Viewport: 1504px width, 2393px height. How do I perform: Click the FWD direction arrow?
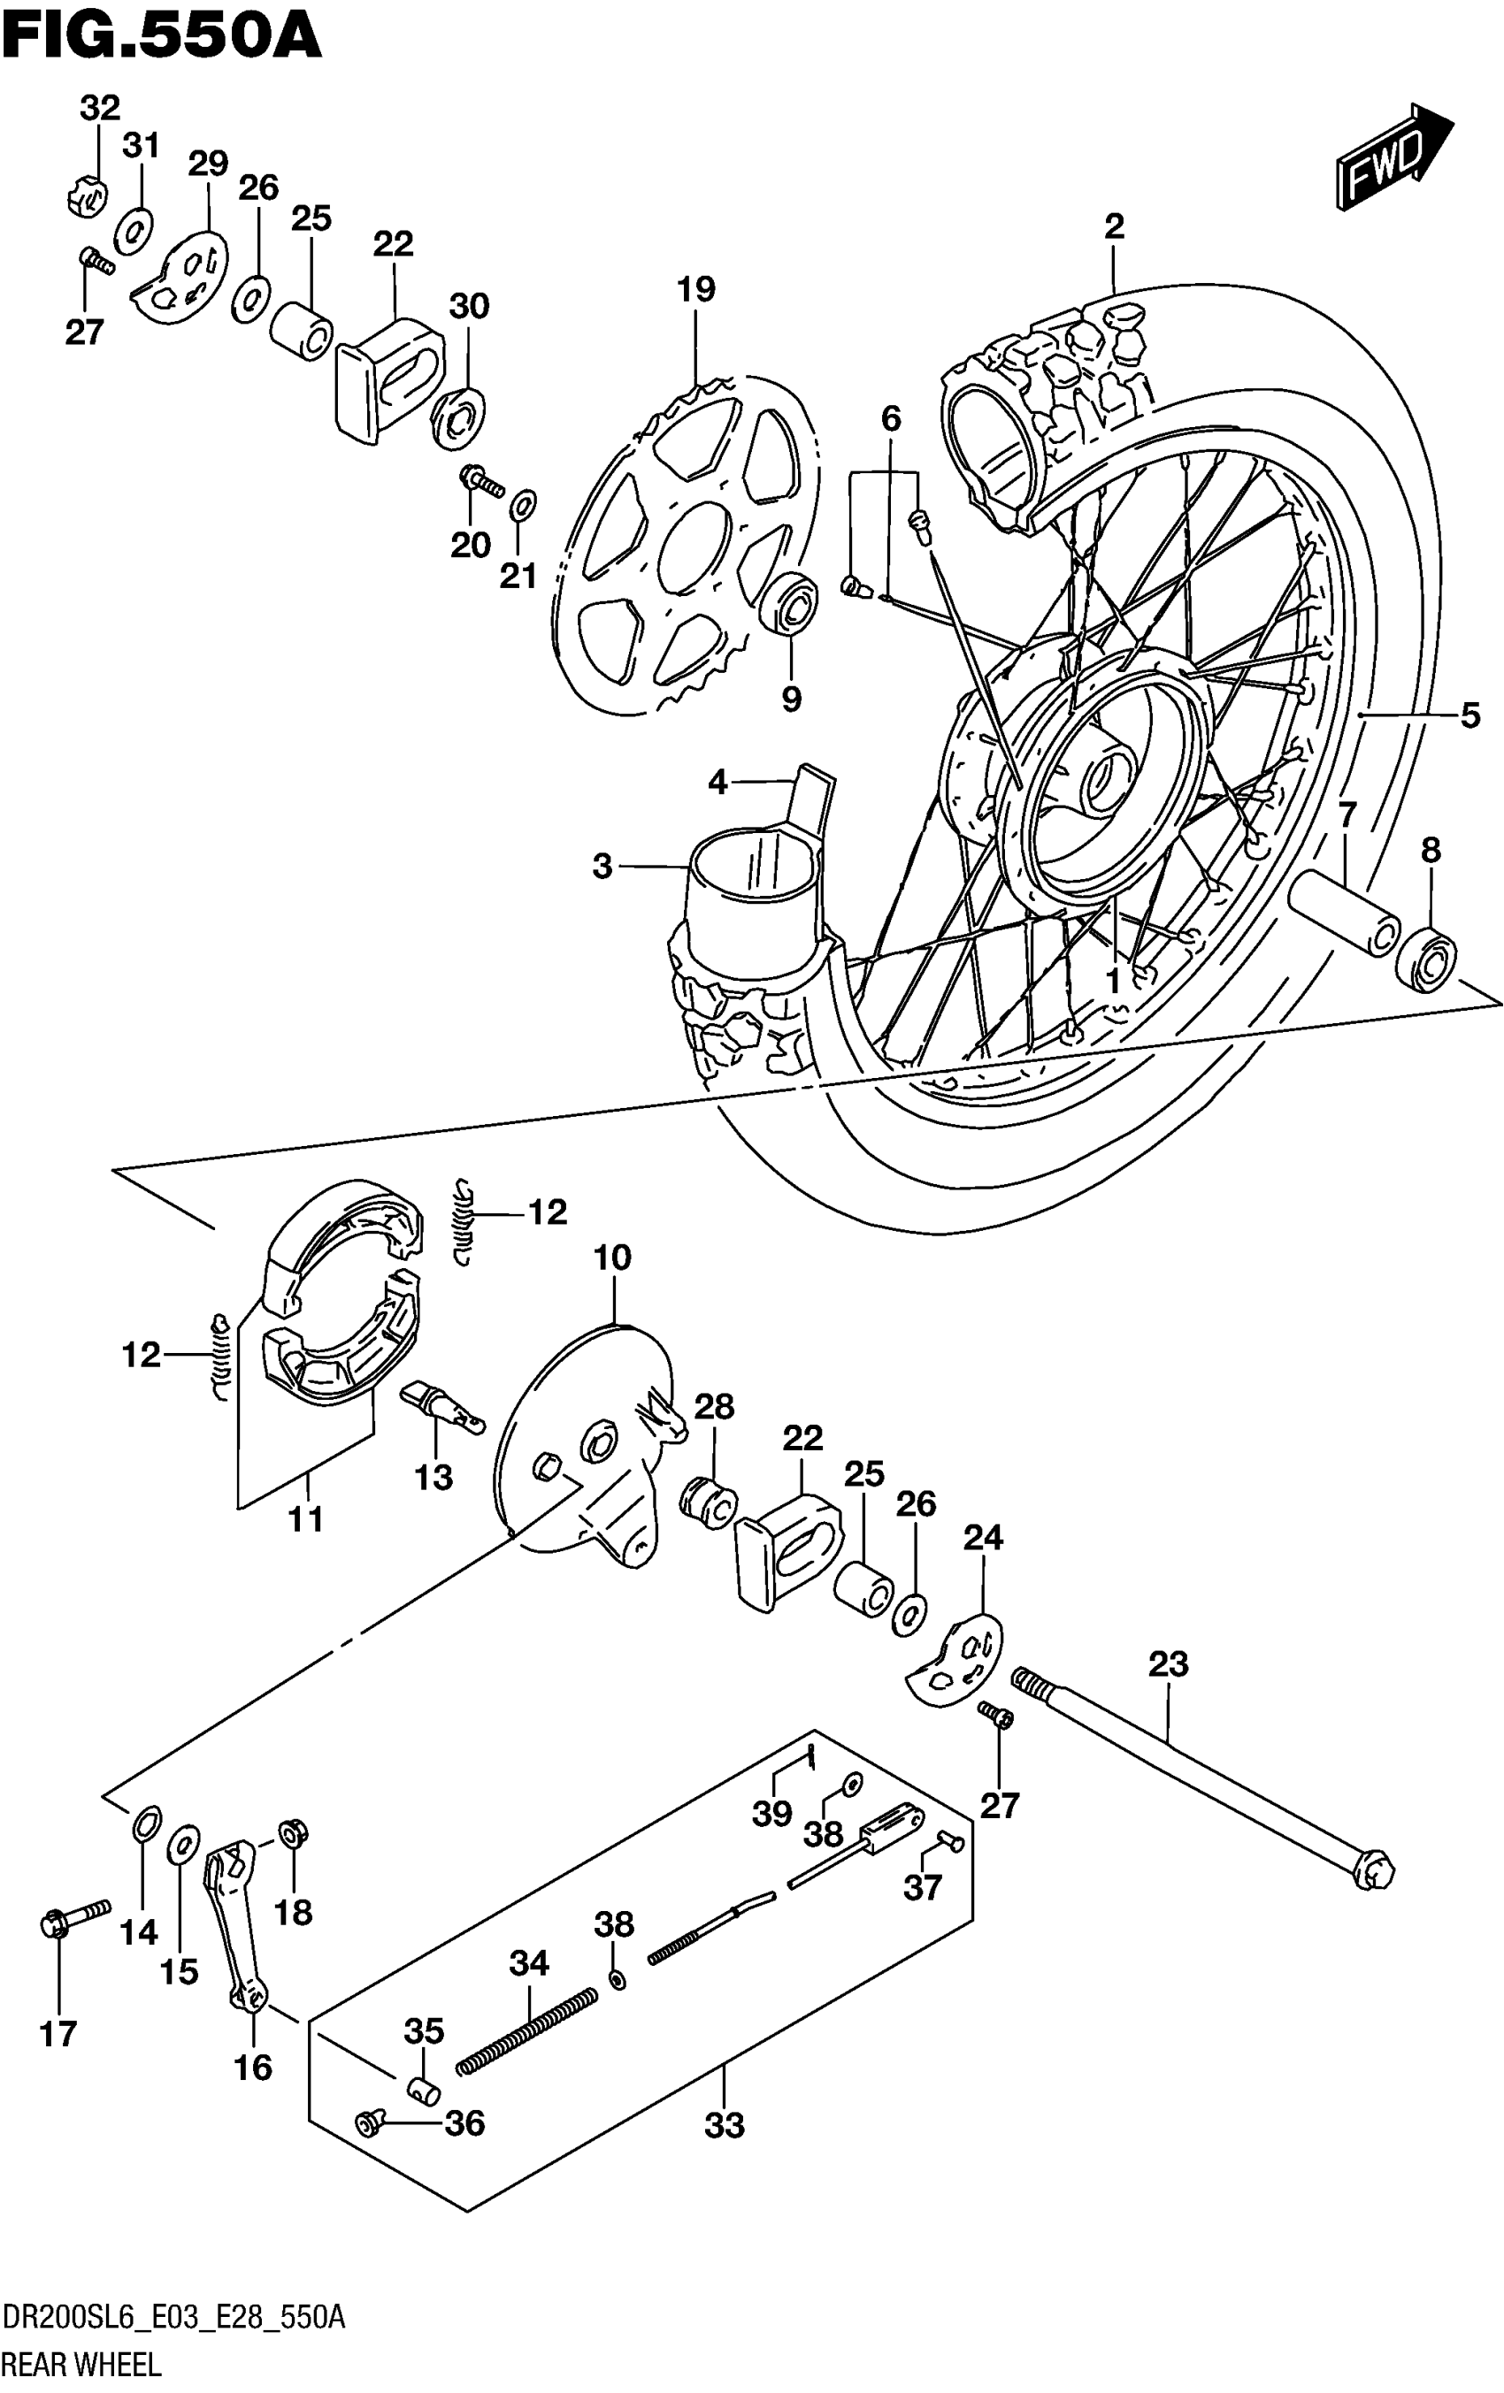[1393, 159]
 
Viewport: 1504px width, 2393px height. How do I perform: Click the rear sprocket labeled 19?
[686, 547]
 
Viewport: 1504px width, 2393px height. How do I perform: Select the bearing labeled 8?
[1425, 956]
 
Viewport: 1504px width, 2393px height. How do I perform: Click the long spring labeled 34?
[527, 2031]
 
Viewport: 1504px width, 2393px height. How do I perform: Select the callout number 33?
[724, 2127]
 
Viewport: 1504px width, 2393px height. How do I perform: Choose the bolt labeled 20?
[481, 481]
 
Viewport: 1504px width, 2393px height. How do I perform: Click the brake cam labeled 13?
[441, 1408]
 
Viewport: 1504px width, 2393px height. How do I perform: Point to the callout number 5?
[1470, 715]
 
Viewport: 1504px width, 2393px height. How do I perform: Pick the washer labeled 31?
[134, 230]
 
